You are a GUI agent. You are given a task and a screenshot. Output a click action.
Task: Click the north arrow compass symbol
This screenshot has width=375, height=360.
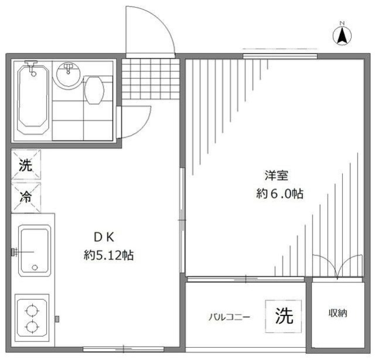(342, 35)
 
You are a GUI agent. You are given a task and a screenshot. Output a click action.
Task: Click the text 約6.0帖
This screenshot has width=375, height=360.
(279, 194)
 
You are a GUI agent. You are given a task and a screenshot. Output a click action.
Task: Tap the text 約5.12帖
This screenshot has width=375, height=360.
(108, 256)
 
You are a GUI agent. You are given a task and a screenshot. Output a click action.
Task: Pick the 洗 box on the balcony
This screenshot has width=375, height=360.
(284, 316)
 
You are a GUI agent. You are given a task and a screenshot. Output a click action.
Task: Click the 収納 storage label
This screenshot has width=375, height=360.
(337, 314)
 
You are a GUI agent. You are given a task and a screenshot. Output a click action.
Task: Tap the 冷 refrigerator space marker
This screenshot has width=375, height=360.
(26, 197)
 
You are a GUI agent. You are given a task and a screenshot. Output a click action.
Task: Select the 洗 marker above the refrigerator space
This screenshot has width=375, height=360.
(26, 165)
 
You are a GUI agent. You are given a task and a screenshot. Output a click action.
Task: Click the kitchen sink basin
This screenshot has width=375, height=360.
(34, 251)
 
